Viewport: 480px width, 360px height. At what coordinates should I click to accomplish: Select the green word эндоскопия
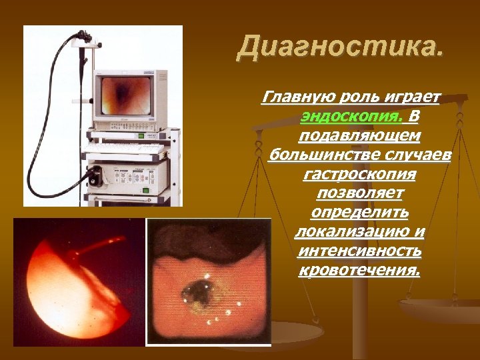coord(351,117)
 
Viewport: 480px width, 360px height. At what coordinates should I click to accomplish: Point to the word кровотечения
coord(360,271)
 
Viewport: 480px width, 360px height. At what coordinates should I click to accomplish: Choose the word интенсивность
coord(360,251)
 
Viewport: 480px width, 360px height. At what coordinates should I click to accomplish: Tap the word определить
coord(360,213)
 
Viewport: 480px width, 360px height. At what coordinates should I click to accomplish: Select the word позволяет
coord(360,193)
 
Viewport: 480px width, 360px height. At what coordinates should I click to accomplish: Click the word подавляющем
coord(360,136)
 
